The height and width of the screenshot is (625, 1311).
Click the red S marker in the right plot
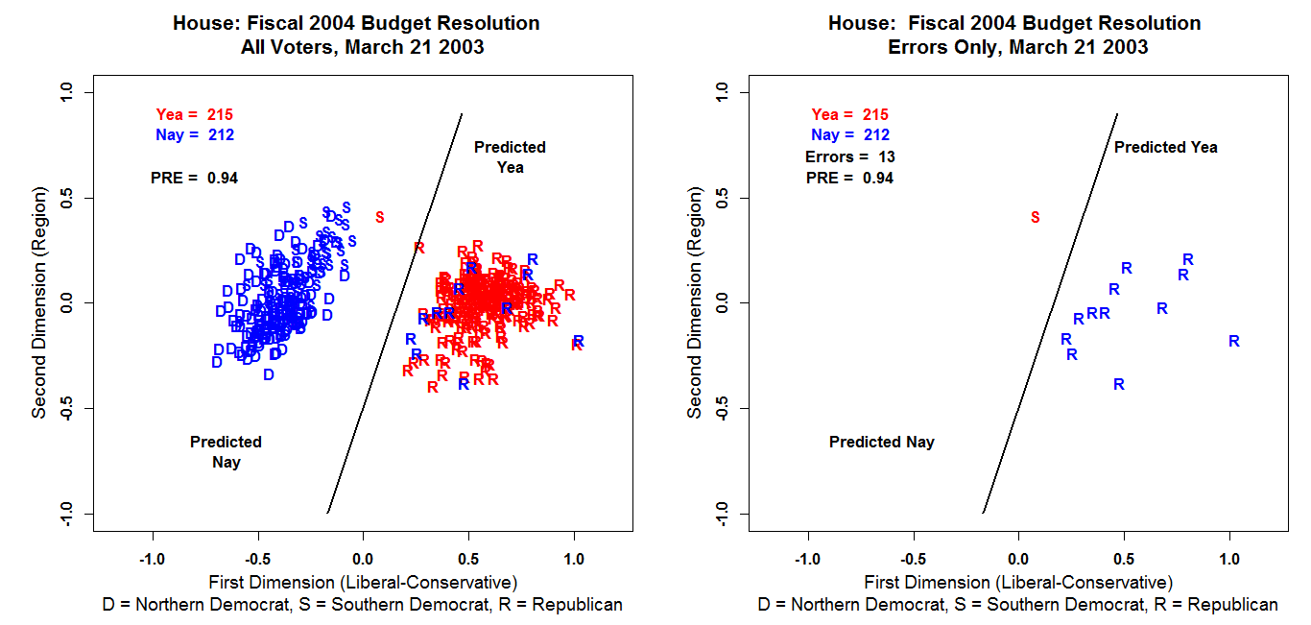coord(1035,218)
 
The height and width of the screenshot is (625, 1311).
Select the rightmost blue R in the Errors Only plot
coord(1234,341)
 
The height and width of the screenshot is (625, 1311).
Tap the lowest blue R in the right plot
coord(1119,384)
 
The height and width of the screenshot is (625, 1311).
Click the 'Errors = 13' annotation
coord(850,156)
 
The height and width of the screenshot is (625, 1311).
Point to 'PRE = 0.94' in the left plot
coord(194,178)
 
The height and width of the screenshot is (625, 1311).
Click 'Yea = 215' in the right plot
coord(850,114)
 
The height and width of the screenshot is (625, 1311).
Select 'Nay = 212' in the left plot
coord(195,135)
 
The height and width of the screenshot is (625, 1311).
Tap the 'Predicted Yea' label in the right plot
coord(1165,147)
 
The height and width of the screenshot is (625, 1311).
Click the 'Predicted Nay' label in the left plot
coord(226,452)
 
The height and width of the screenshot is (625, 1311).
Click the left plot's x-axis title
coord(363,583)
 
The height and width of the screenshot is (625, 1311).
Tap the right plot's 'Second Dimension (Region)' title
coord(695,302)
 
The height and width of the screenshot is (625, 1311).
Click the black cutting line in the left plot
coord(395,312)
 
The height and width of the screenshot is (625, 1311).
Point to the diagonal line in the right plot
coord(1051,312)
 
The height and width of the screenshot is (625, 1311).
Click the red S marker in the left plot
coord(380,217)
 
